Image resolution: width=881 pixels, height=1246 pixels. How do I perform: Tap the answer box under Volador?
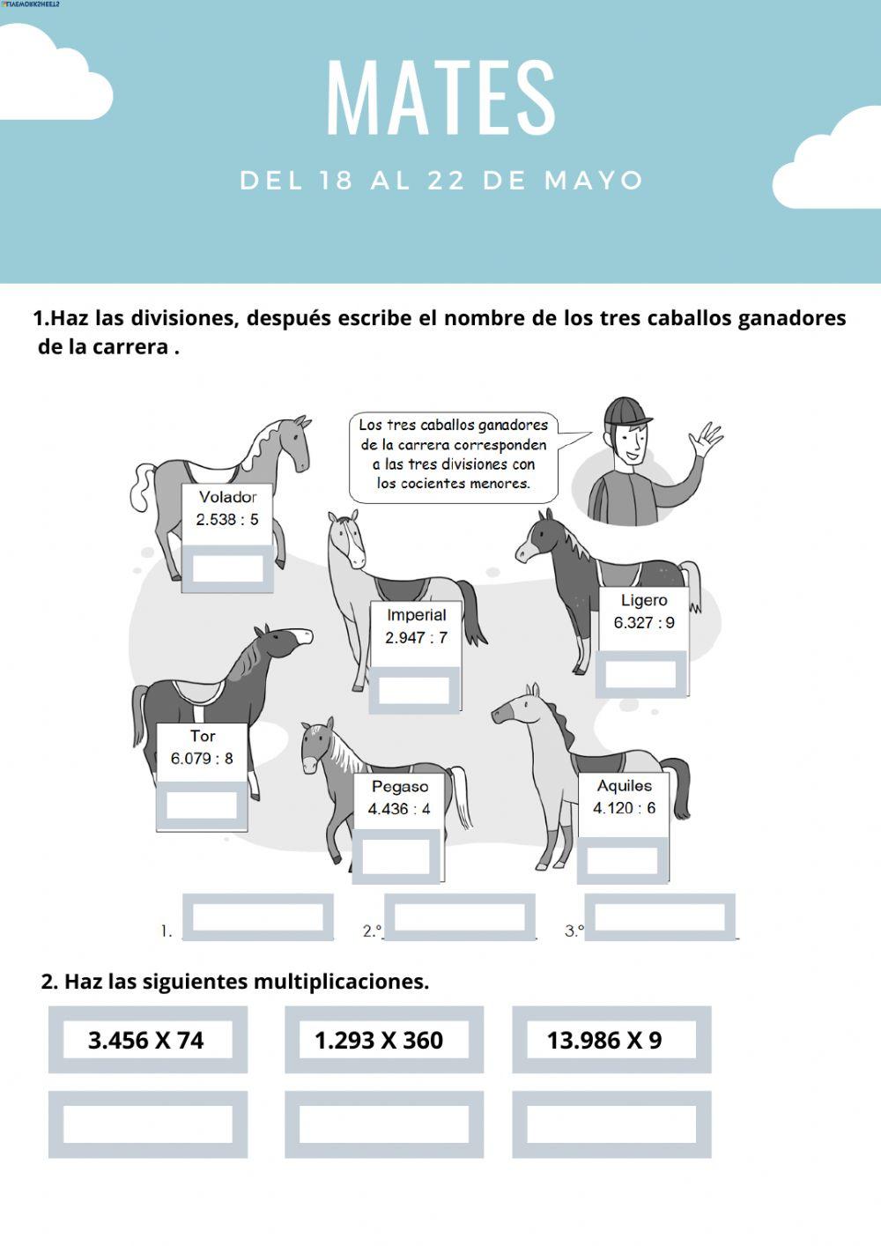click(227, 567)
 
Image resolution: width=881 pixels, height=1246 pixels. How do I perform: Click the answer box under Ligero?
click(640, 674)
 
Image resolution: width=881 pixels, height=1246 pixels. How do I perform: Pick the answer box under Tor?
click(202, 805)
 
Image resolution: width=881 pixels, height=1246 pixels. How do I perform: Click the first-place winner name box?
click(258, 917)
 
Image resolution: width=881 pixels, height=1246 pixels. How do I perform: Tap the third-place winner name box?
click(661, 917)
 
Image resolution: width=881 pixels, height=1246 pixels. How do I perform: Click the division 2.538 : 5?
click(227, 520)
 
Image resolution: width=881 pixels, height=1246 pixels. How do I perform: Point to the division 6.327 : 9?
click(644, 623)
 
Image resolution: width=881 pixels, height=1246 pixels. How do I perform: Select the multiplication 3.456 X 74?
click(146, 1041)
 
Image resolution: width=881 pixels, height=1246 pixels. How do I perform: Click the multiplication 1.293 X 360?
click(379, 1041)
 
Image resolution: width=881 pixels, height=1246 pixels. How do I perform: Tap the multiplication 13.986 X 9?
click(604, 1041)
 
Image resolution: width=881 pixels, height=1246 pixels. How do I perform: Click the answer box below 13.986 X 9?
click(611, 1124)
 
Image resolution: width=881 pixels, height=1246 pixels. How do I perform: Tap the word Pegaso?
click(400, 787)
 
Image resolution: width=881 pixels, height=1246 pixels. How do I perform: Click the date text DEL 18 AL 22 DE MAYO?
click(440, 181)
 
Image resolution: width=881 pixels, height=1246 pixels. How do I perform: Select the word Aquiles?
click(625, 786)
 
